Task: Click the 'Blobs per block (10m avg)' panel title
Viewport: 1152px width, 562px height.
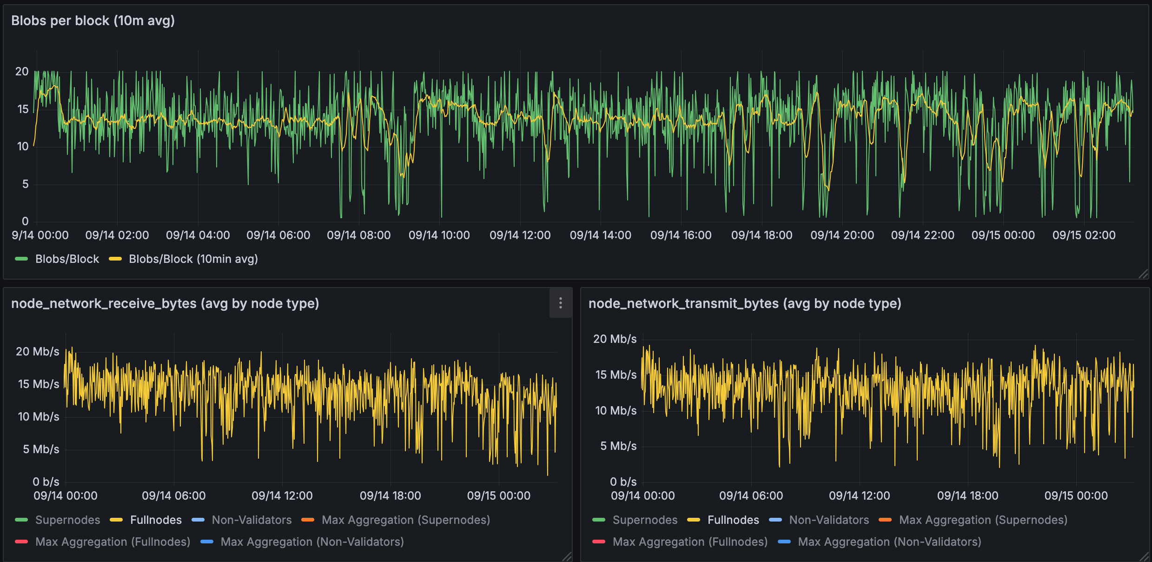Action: (x=93, y=21)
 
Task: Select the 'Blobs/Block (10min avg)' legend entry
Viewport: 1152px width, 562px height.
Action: (x=193, y=259)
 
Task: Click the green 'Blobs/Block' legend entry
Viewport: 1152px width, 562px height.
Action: (x=67, y=259)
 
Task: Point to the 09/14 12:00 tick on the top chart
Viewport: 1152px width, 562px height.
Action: (x=520, y=235)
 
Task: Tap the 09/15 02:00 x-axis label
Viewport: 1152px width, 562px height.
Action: (x=1084, y=235)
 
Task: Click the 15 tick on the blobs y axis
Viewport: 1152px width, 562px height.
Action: (x=23, y=109)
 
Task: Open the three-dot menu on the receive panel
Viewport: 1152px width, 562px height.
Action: (x=561, y=303)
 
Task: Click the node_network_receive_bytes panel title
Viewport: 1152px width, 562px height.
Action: (x=165, y=304)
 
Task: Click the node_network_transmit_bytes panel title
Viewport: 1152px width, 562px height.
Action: (x=745, y=304)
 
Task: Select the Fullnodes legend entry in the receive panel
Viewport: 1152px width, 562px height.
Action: (x=156, y=520)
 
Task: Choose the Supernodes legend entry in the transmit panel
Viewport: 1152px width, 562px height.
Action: (x=645, y=520)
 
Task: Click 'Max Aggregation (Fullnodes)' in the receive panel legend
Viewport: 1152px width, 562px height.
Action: (x=113, y=542)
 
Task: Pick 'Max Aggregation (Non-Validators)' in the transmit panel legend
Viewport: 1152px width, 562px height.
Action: (x=889, y=542)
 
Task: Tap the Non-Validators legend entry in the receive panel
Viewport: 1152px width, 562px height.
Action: (x=252, y=520)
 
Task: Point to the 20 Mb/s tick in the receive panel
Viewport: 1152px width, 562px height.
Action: (x=38, y=352)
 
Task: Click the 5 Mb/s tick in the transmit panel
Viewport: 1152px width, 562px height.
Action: (x=618, y=446)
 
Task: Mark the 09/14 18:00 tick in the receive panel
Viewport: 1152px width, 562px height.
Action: (x=390, y=496)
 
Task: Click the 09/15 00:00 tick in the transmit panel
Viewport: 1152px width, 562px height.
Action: (x=1076, y=496)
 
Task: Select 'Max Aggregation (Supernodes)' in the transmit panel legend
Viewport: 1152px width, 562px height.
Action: (x=983, y=520)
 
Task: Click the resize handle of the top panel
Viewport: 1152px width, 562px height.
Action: (x=1144, y=274)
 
